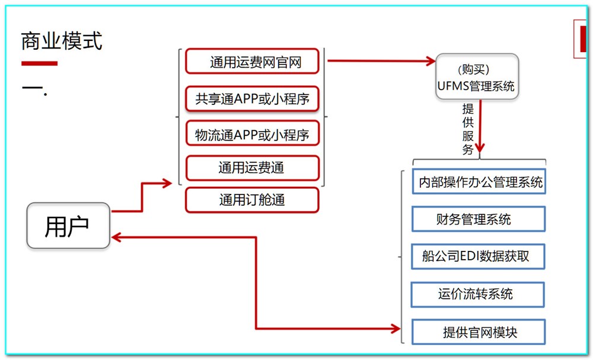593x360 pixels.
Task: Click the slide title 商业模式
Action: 62,41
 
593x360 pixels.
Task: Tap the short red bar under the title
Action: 40,63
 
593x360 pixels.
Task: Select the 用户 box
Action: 68,225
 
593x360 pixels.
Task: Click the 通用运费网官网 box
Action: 253,62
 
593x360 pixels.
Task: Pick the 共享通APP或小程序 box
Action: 253,98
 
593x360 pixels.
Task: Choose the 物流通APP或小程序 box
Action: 253,134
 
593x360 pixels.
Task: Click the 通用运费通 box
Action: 253,168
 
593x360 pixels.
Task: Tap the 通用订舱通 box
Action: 253,200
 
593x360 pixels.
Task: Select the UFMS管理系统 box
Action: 477,77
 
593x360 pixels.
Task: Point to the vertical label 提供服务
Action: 468,129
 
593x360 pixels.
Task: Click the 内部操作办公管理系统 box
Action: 478,182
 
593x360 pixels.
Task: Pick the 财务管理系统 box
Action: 478,219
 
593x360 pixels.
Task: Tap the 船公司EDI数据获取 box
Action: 478,256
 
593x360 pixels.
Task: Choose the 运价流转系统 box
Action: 478,294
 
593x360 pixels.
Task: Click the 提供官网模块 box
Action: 478,332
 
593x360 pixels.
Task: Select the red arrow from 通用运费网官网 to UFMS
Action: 380,60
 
